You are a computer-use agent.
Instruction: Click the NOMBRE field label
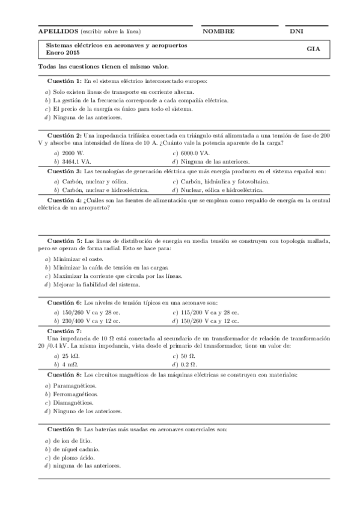(x=218, y=31)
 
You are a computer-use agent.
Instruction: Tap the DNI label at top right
(x=296, y=31)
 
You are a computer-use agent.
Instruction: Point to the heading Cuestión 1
(x=64, y=80)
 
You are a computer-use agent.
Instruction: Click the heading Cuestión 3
(x=64, y=171)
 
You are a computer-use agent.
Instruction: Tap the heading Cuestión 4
(x=64, y=200)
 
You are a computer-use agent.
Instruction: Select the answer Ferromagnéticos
(x=75, y=394)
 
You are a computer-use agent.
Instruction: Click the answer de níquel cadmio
(x=76, y=449)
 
